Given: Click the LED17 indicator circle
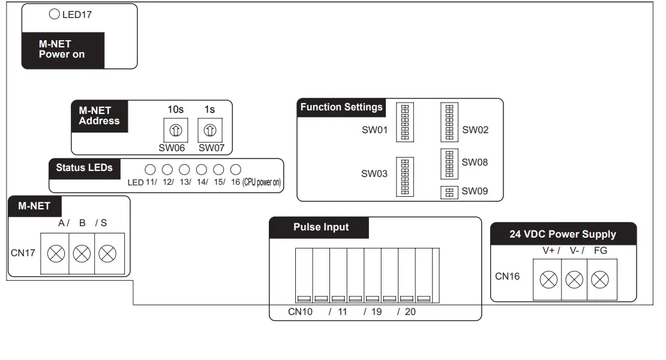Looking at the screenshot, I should (x=55, y=14).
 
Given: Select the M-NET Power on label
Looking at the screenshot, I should (x=62, y=49).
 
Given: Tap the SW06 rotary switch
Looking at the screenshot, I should (x=176, y=130).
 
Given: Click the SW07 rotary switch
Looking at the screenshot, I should (x=209, y=130).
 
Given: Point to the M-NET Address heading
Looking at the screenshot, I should (x=99, y=116).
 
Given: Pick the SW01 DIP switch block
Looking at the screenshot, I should (x=405, y=123).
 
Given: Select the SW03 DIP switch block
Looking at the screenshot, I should (x=405, y=176).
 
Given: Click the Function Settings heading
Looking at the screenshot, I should (x=341, y=107).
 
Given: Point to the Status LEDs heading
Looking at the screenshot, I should (x=84, y=167).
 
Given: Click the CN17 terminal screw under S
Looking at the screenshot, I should (x=107, y=254).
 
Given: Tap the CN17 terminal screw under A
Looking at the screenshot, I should (x=56, y=254).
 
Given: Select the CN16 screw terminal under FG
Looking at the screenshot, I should (x=600, y=279).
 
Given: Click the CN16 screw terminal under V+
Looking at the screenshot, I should (x=548, y=279).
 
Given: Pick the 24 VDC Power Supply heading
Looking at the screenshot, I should (x=563, y=234).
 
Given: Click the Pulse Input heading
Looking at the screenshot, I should (x=321, y=227).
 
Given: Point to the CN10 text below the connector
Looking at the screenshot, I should (x=300, y=312).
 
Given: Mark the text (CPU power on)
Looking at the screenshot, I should (x=262, y=182).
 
